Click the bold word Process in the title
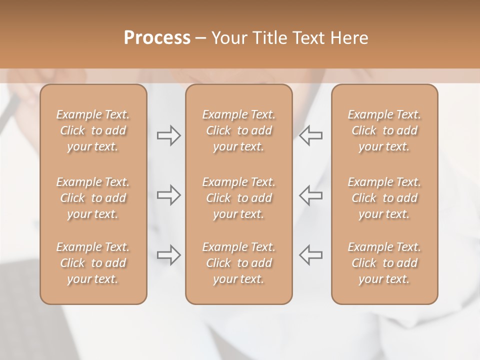pyautogui.click(x=157, y=38)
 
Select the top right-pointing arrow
pyautogui.click(x=168, y=135)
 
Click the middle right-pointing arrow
pyautogui.click(x=168, y=195)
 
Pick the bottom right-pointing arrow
pyautogui.click(x=168, y=255)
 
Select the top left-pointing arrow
pyautogui.click(x=311, y=135)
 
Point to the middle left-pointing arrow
pyautogui.click(x=311, y=195)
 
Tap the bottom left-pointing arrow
pyautogui.click(x=311, y=255)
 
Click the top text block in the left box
pyautogui.click(x=93, y=131)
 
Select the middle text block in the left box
pyautogui.click(x=93, y=198)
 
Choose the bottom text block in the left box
pyautogui.click(x=93, y=263)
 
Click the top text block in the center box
pyautogui.click(x=239, y=131)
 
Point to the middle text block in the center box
pyautogui.click(x=239, y=198)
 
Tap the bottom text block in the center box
pyautogui.click(x=239, y=263)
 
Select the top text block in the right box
pyautogui.click(x=384, y=131)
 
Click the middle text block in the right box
pyautogui.click(x=384, y=198)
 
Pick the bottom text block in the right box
pyautogui.click(x=384, y=263)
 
